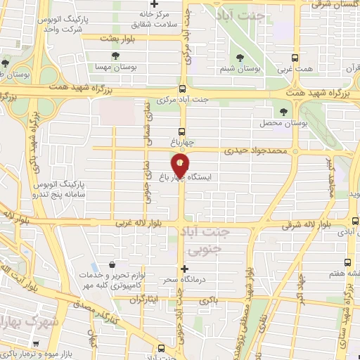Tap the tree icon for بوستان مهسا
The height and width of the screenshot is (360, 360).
(x=115, y=56)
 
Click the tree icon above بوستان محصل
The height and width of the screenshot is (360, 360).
(x=284, y=112)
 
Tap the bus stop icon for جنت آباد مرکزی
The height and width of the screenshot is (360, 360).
(x=182, y=89)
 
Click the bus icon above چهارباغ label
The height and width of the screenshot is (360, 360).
(x=182, y=131)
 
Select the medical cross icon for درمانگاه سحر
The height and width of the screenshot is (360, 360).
(x=185, y=268)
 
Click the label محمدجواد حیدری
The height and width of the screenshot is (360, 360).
(x=256, y=151)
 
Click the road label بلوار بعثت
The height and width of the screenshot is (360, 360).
(x=117, y=37)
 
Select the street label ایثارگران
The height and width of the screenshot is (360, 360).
(x=143, y=300)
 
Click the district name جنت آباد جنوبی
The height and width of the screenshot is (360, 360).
(x=215, y=240)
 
